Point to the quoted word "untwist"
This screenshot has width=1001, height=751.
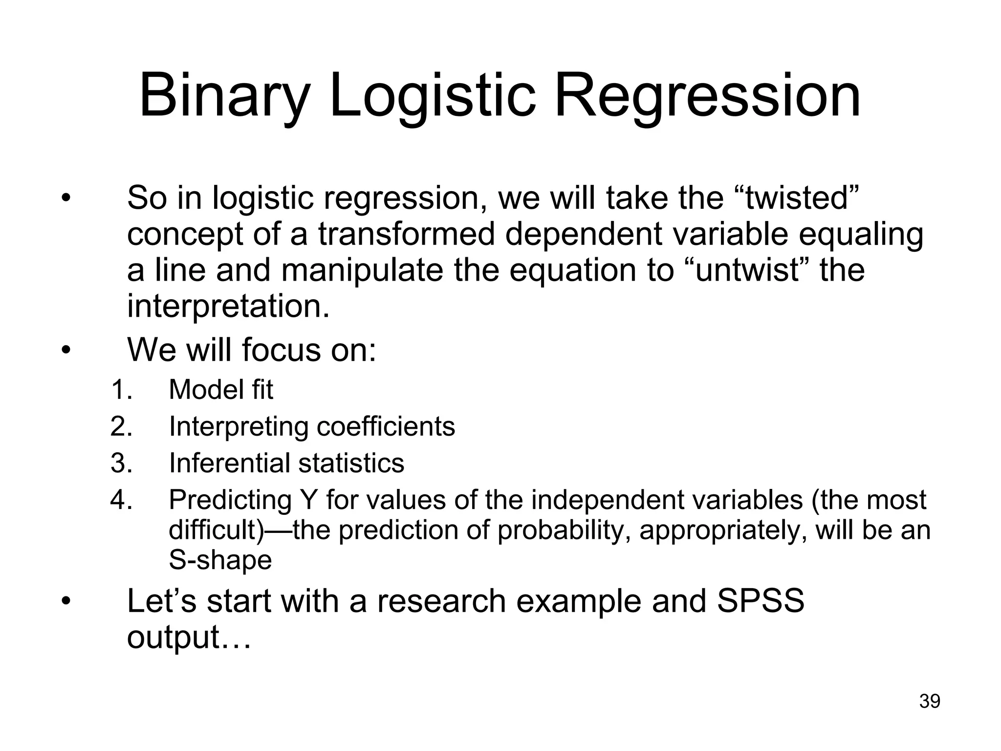[746, 270]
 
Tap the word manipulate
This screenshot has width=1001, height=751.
[362, 270]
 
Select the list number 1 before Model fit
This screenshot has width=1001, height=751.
[121, 390]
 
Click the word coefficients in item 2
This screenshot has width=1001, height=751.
[386, 426]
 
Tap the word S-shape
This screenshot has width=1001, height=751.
[220, 560]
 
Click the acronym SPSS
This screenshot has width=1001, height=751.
[760, 600]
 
